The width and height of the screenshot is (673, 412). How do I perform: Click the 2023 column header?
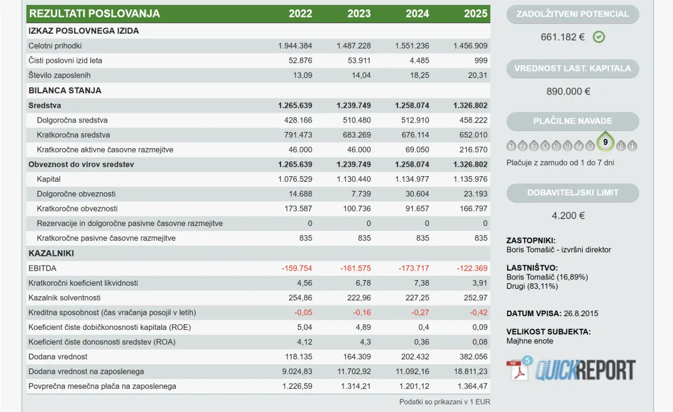(359, 14)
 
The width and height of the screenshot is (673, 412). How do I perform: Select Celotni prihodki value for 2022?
(295, 46)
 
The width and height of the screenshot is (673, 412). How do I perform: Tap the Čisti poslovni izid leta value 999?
(480, 60)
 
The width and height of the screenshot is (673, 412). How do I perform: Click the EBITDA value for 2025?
(472, 268)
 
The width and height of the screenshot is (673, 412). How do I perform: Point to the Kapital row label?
(49, 179)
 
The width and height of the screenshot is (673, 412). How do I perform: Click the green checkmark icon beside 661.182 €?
(599, 37)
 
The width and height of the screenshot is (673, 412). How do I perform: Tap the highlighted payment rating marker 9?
(605, 141)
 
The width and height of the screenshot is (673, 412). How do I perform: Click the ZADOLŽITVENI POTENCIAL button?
(573, 14)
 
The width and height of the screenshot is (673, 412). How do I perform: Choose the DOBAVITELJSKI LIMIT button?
(573, 193)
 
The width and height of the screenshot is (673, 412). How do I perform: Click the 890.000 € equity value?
(568, 91)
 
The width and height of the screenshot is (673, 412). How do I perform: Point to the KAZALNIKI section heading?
(51, 253)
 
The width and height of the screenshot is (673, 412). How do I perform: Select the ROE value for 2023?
(363, 327)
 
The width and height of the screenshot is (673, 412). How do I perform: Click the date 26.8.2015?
(581, 314)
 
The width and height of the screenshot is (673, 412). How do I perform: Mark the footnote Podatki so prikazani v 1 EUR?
(445, 401)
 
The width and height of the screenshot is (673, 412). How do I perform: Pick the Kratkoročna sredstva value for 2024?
(415, 135)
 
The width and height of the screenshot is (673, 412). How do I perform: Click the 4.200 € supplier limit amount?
(568, 215)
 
